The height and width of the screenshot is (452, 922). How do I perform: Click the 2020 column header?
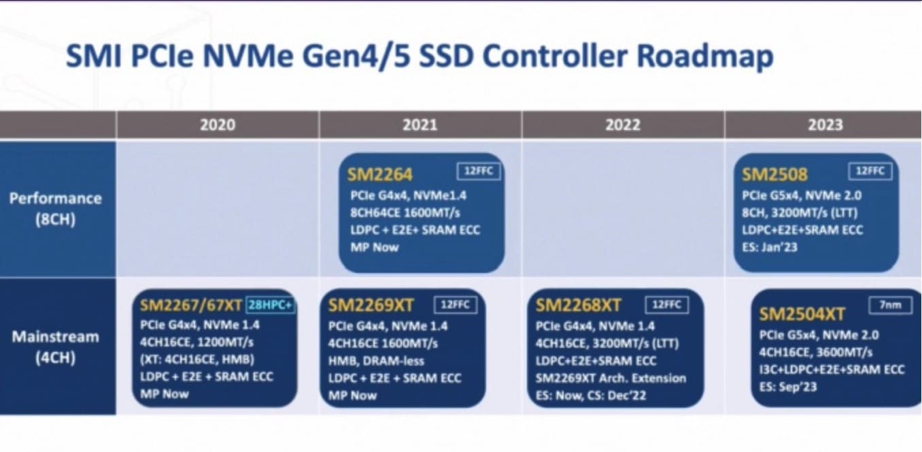tap(218, 125)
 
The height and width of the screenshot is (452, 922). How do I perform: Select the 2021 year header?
tap(420, 125)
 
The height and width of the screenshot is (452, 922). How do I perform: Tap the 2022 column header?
tap(623, 125)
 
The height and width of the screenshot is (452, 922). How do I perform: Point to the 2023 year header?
tap(825, 125)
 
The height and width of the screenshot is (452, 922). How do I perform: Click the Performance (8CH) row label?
tap(56, 209)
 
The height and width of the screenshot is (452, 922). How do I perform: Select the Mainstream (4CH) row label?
tap(56, 347)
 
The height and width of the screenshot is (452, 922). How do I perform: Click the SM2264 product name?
tap(379, 175)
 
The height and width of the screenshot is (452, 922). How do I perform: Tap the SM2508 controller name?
tap(774, 175)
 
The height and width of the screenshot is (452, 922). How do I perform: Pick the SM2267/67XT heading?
tap(190, 306)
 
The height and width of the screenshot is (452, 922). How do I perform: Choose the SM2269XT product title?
tap(371, 306)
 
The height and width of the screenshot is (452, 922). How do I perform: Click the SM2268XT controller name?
tap(578, 306)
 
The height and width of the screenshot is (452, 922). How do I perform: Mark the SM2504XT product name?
tap(802, 314)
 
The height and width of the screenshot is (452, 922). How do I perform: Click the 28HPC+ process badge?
tap(271, 305)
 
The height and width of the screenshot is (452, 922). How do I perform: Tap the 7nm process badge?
tap(890, 305)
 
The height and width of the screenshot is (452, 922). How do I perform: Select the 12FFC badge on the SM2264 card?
tap(479, 171)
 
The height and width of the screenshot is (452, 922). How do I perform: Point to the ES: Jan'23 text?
tap(770, 247)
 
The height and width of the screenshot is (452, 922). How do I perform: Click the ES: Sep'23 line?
tap(788, 387)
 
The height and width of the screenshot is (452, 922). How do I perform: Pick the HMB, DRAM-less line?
tap(376, 361)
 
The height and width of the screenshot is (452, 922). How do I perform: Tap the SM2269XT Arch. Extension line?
tap(611, 378)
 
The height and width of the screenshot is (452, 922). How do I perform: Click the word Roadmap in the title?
tap(705, 57)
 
